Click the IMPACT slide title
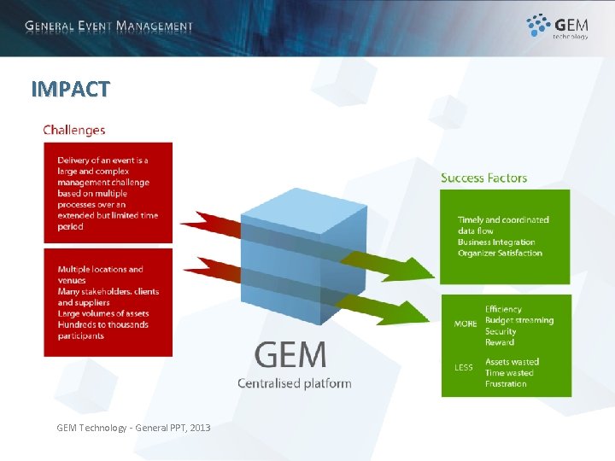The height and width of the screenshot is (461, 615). point(70,89)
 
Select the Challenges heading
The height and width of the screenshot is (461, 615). point(74,131)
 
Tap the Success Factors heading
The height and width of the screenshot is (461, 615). point(483,178)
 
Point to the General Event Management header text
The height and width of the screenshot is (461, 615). point(108,26)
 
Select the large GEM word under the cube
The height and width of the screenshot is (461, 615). point(290,354)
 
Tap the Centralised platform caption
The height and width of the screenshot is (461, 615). point(294,383)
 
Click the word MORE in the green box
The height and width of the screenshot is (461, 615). point(466,324)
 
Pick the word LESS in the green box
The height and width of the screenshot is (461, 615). point(464,368)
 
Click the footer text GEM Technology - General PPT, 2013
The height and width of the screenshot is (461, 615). point(133,427)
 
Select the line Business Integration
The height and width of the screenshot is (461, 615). point(496,242)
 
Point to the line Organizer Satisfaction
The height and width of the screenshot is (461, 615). point(500,254)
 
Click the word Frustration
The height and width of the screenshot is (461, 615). point(506,384)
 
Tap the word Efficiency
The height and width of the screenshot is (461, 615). point(503,309)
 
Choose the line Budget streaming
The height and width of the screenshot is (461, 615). point(518,320)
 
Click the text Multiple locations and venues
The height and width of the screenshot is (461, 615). point(100,275)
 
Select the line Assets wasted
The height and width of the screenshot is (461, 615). point(512,362)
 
